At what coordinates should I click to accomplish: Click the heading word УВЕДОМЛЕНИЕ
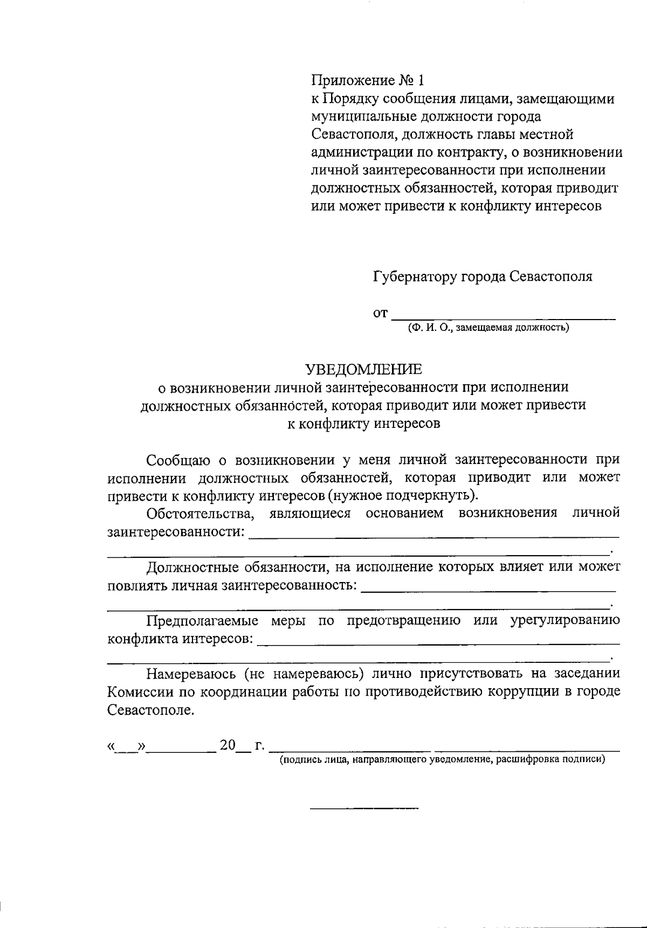pos(364,369)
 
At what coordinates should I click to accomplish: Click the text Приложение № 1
pos(368,81)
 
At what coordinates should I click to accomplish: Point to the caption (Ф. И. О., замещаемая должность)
pos(488,327)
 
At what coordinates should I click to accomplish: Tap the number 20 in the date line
pos(228,746)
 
